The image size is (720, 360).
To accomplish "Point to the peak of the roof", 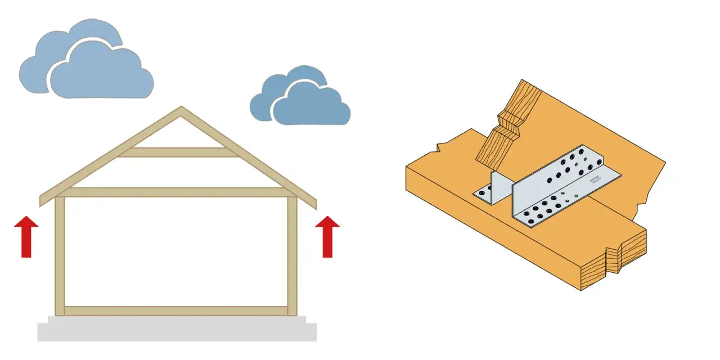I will (x=181, y=109).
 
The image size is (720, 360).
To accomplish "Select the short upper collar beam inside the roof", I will (x=177, y=152).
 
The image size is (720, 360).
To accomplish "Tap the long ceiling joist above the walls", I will (x=177, y=192).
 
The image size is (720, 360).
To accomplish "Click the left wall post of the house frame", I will (x=59, y=253).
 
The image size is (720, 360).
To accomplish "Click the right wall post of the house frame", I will (x=292, y=253).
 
